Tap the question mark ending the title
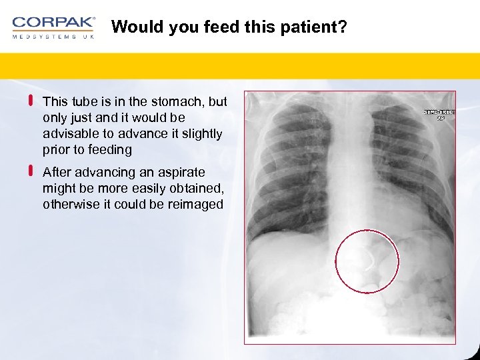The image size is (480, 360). click(x=343, y=27)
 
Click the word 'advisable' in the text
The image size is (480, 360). click(x=68, y=134)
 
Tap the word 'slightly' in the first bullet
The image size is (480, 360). click(x=201, y=134)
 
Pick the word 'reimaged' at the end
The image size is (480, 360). click(x=197, y=204)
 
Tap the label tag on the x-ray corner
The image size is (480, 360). click(x=440, y=115)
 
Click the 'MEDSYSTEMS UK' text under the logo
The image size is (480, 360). click(x=53, y=36)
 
